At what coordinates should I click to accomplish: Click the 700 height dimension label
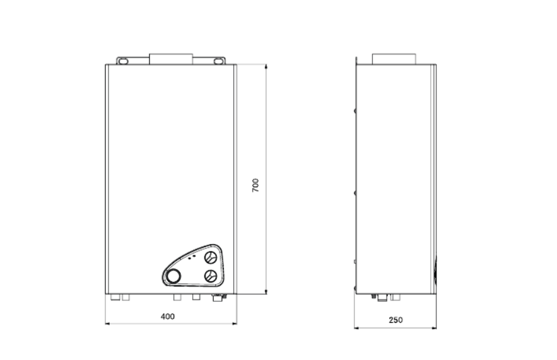coord(255,185)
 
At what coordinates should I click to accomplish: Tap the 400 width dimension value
coord(168,316)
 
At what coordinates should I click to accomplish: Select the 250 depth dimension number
coord(396,320)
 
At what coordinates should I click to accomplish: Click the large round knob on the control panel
coord(173,276)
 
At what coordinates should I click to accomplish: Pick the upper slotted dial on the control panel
coord(211,257)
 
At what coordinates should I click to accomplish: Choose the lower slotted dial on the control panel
coord(211,276)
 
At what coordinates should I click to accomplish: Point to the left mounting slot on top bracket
coord(123,61)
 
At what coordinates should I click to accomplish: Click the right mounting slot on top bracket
coord(218,61)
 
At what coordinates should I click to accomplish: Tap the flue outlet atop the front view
coord(171,59)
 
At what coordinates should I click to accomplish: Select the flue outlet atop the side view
coord(394,59)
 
